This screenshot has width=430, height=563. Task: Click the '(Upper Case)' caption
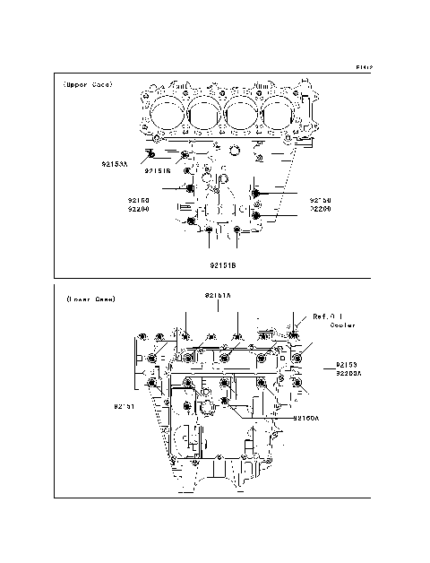(87, 85)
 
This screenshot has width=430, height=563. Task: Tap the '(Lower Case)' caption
(90, 299)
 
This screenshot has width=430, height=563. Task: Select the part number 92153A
(116, 165)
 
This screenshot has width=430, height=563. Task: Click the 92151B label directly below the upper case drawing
(223, 265)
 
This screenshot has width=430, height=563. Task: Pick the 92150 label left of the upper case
(138, 199)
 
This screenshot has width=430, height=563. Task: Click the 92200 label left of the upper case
(138, 208)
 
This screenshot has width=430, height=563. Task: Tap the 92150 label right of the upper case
(321, 199)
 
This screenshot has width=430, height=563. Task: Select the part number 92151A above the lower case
(217, 294)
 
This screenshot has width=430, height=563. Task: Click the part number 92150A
(307, 418)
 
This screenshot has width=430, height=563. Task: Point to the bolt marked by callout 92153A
(153, 154)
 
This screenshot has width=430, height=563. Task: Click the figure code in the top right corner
(363, 66)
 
